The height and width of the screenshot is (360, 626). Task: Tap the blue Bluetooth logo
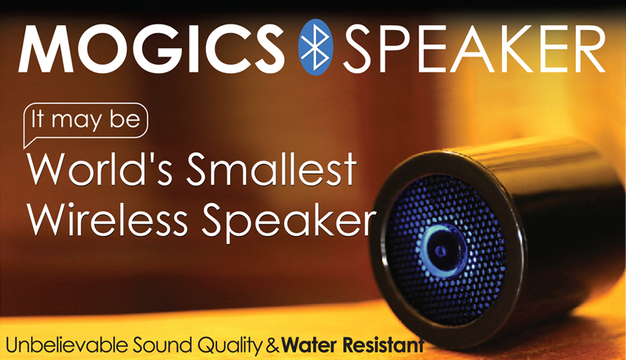pyautogui.click(x=316, y=47)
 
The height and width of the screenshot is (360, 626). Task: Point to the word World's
pyautogui.click(x=100, y=169)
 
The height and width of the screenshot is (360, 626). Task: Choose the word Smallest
pyautogui.click(x=271, y=169)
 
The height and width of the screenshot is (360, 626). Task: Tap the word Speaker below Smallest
pyautogui.click(x=288, y=222)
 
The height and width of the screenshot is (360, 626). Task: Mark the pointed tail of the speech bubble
pyautogui.click(x=24, y=147)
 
